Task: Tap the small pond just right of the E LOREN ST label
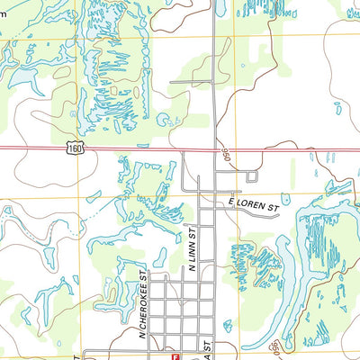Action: click(x=286, y=198)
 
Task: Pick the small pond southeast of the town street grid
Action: click(x=228, y=325)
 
